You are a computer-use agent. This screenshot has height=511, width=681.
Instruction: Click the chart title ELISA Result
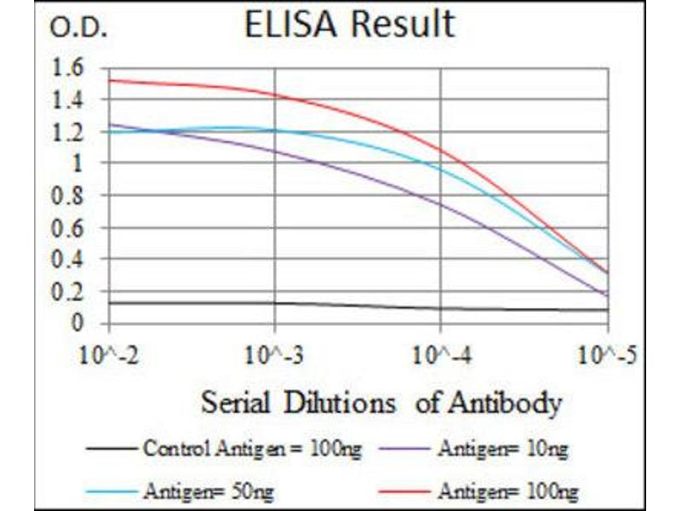click(x=349, y=25)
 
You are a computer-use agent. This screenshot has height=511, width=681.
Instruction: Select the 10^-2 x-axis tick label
click(x=109, y=353)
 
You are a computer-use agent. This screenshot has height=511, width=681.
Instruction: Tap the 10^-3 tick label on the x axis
click(x=274, y=353)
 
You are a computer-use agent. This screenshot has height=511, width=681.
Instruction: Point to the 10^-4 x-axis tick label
click(x=440, y=353)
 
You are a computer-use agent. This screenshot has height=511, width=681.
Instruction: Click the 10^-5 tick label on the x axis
click(x=605, y=353)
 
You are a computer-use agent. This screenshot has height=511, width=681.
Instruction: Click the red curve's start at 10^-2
click(x=110, y=80)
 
